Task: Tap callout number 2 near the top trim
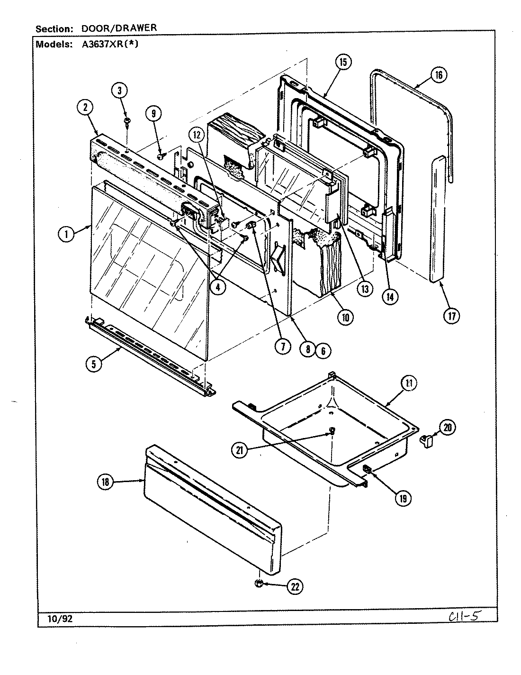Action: (x=86, y=108)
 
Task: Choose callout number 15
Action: (x=343, y=62)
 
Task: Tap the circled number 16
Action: (x=439, y=75)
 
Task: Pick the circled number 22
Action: (x=295, y=586)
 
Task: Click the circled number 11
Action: (x=408, y=383)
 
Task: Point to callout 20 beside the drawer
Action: (x=448, y=428)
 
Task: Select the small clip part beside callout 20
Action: (x=427, y=442)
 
